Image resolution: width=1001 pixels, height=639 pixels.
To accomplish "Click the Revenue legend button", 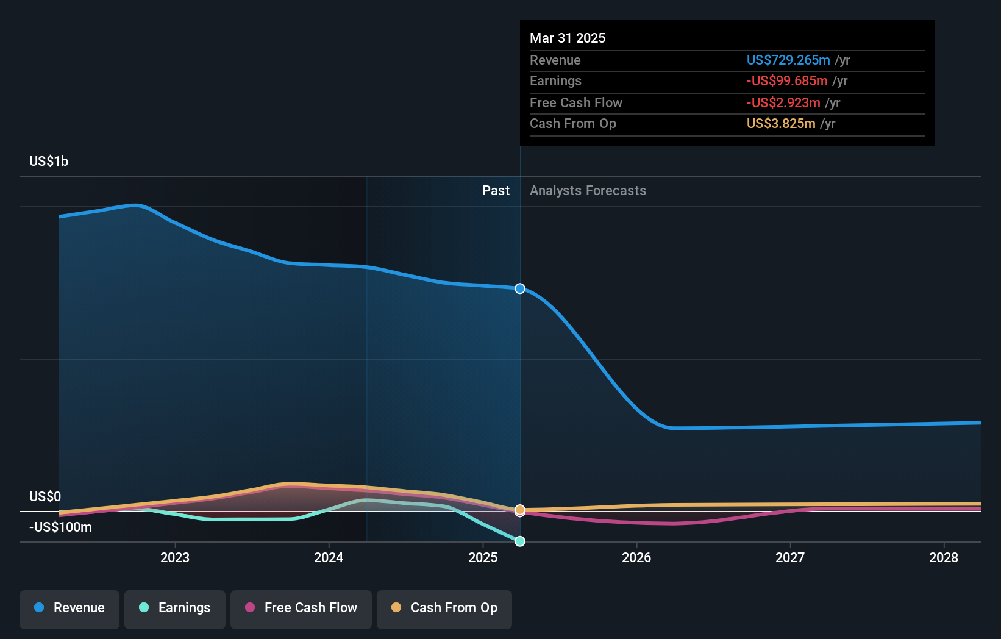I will [69, 608].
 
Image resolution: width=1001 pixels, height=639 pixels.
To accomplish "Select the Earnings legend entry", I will [175, 608].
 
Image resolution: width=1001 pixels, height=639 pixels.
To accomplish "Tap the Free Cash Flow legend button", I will [301, 608].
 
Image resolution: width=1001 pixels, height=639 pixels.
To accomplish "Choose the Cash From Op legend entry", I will [444, 608].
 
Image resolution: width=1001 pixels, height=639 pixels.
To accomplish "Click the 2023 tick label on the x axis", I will [175, 557].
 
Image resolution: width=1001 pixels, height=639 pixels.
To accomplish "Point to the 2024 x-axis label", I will [329, 557].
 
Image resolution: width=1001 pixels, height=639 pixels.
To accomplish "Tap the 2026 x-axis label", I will [636, 557].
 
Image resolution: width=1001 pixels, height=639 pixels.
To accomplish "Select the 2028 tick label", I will [944, 557].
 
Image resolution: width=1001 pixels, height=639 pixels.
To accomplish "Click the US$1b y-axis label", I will [49, 161].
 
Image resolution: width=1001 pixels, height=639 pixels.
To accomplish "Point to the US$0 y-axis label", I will [45, 496].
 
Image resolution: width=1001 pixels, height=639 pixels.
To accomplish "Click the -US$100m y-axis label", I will [60, 527].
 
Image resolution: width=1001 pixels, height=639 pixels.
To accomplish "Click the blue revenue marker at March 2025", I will [520, 288].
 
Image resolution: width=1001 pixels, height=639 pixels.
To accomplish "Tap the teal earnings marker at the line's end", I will [520, 541].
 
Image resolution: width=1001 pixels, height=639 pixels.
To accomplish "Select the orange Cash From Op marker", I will [520, 509].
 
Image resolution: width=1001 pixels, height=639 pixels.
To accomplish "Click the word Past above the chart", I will [496, 190].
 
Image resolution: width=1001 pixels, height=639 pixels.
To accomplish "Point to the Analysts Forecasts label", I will [588, 190].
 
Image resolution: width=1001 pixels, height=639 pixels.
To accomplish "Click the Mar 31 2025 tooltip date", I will [568, 38].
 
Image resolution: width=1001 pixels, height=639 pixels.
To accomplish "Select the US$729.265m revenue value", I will [788, 60].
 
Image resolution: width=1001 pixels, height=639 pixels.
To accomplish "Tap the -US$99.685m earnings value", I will [787, 80].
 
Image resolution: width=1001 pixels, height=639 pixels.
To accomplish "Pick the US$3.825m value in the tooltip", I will [781, 123].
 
